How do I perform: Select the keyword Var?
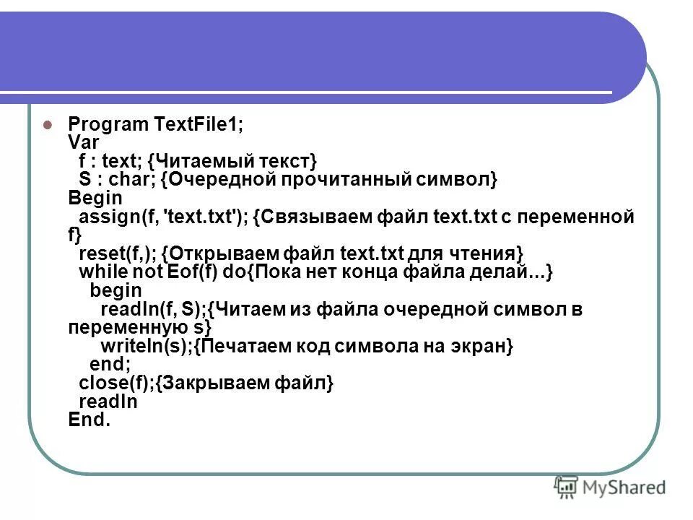click(x=84, y=142)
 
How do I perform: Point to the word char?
click(x=125, y=179)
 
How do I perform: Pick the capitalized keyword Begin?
click(x=95, y=198)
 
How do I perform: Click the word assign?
click(x=103, y=217)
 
